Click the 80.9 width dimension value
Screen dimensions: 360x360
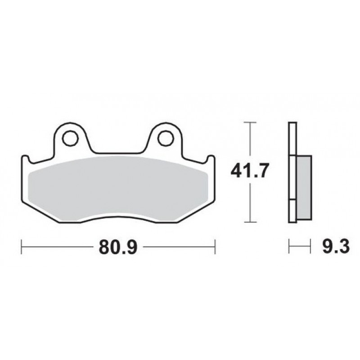click(x=118, y=247)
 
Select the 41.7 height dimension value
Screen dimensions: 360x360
click(x=249, y=171)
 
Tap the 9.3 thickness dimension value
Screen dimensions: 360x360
click(x=336, y=247)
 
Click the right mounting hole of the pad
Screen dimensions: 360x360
click(x=165, y=138)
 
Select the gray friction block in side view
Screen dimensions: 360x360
click(x=304, y=187)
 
